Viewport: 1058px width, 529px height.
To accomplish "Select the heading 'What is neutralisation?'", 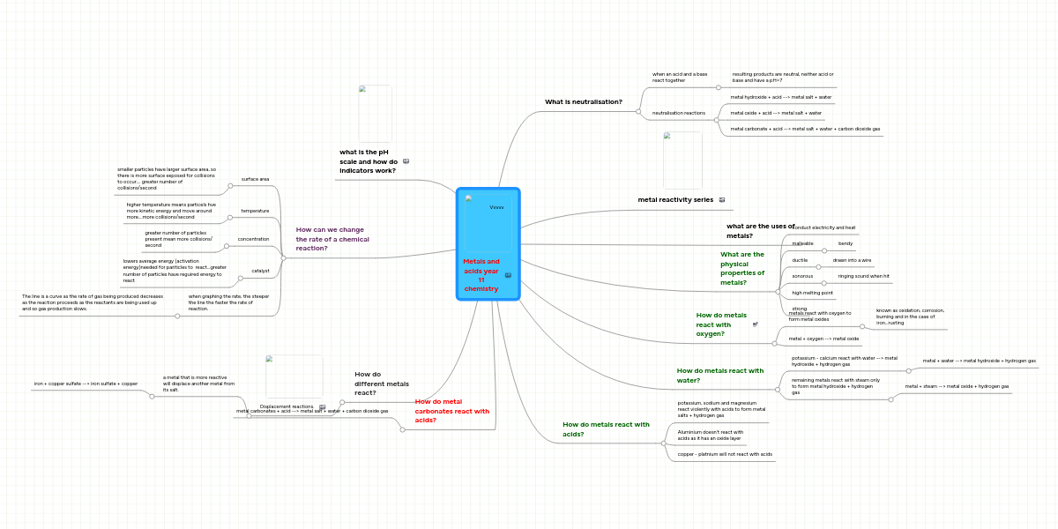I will pos(583,101).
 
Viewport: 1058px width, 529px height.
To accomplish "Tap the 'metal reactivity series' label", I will pos(675,199).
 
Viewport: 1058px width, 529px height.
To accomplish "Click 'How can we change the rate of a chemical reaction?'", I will pos(332,239).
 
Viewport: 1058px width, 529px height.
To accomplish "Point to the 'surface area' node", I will pos(255,179).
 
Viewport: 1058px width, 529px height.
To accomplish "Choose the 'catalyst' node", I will pos(260,271).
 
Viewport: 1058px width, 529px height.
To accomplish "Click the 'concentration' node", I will pos(253,239).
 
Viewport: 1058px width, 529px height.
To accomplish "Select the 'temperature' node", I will pos(255,211).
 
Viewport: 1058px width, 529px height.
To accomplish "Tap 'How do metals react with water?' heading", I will pos(719,376).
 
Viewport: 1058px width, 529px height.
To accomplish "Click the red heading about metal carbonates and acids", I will pos(451,411).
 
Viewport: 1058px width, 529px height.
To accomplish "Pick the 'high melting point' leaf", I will pos(812,293).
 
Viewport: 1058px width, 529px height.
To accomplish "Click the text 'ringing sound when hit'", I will pos(863,276).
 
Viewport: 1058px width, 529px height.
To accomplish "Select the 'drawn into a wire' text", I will pos(852,260).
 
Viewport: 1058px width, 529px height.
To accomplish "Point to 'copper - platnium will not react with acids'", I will pos(725,454).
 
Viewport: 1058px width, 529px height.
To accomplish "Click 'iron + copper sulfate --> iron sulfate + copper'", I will pos(86,384).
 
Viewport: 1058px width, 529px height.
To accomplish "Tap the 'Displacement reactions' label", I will pos(287,406).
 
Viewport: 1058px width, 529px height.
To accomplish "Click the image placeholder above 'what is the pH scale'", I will pos(375,113).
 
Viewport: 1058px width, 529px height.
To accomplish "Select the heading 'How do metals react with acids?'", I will pos(606,428).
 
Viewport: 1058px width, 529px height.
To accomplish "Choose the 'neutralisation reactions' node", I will pos(678,113).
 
